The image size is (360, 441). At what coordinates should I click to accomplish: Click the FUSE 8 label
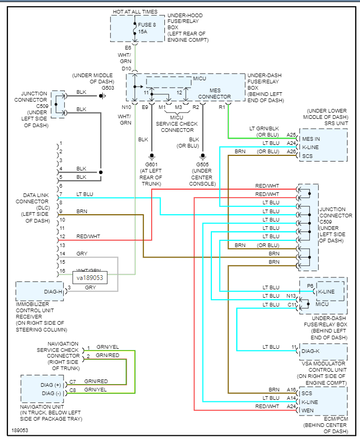(147, 24)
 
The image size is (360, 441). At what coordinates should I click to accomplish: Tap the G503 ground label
(108, 88)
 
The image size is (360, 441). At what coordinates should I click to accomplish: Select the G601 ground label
(151, 165)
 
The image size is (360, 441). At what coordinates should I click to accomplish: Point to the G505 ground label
(202, 165)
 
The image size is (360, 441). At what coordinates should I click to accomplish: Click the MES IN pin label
(311, 139)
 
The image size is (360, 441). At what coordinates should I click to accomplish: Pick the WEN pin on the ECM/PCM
(307, 411)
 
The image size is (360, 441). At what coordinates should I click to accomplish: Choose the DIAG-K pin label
(310, 351)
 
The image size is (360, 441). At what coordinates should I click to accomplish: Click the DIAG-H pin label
(53, 292)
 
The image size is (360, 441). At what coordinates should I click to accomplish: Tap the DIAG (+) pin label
(51, 385)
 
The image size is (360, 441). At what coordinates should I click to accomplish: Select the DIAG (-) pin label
(52, 394)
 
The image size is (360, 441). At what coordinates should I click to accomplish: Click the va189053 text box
(90, 278)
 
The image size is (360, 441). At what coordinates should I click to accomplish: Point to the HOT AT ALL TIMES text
(135, 12)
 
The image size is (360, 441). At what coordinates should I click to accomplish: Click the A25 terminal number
(291, 134)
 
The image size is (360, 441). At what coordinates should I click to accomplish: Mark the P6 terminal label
(310, 286)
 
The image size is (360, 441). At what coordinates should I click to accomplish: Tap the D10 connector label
(126, 69)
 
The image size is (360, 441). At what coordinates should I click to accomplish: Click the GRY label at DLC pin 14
(82, 254)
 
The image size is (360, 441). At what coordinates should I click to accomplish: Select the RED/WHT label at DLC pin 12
(88, 237)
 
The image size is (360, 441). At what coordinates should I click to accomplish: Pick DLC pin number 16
(63, 271)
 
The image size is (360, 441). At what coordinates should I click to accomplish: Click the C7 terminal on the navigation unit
(73, 382)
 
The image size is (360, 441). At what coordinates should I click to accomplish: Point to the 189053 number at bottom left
(20, 430)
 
